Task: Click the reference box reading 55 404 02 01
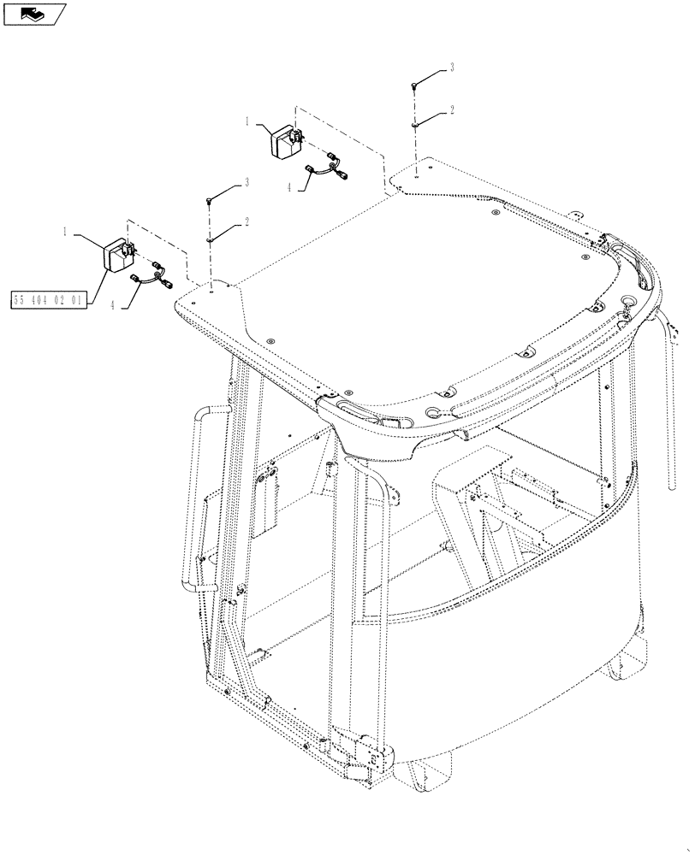click(x=49, y=300)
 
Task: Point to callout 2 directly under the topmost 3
click(x=452, y=110)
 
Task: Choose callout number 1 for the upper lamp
click(x=247, y=122)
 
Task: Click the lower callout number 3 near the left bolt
click(x=247, y=182)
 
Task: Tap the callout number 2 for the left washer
click(x=247, y=221)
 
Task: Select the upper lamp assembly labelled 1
click(x=288, y=141)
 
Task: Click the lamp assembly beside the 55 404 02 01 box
click(x=116, y=254)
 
